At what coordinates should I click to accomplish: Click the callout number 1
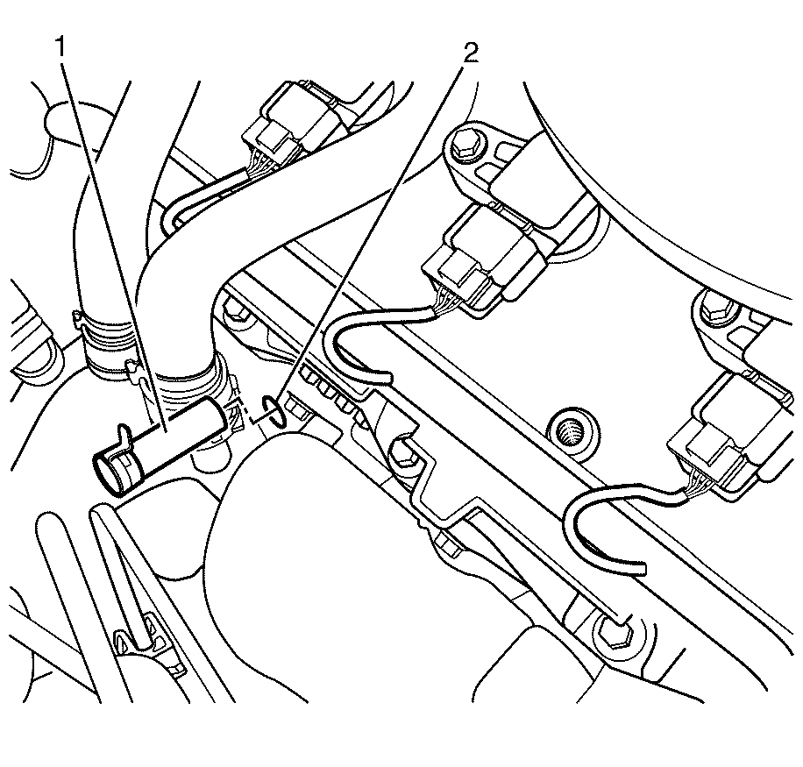[x=61, y=47]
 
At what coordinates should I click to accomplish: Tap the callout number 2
[x=471, y=53]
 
